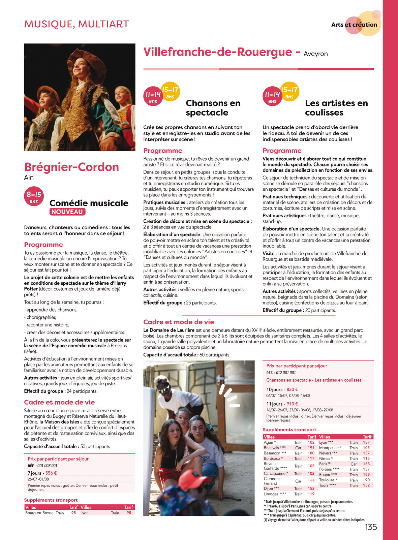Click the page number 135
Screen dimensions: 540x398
coord(371,527)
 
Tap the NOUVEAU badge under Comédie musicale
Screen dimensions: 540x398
coord(67,212)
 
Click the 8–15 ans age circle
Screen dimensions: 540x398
coord(34,197)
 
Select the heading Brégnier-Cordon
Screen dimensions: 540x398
coord(71,167)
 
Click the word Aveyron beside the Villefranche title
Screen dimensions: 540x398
coord(315,54)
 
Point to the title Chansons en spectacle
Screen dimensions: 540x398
coord(213,108)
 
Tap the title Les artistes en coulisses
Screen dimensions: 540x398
coord(336,108)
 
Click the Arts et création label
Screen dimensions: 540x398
coord(354,25)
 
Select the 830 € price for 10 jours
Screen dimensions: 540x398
coord(292,389)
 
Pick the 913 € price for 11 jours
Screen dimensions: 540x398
coord(292,404)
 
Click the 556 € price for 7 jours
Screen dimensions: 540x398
coord(51,473)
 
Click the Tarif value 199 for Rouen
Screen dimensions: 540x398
coord(366,475)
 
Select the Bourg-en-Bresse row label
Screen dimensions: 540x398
coord(39,513)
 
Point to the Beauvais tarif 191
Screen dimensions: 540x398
coord(311,448)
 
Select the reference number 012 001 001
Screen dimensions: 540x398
coord(285,373)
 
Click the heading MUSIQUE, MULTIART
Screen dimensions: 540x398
coord(76,24)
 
